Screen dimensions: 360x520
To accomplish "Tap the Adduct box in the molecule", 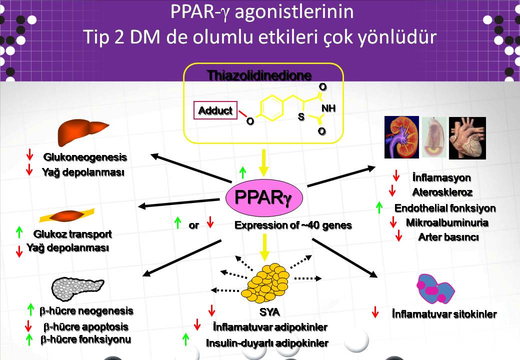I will (215, 111).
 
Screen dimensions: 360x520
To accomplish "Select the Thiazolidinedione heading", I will (259, 75).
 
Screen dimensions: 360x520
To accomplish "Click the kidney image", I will (400, 137).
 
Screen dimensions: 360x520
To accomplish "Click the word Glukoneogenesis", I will (85, 157).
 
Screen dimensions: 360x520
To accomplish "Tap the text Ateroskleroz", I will (442, 192).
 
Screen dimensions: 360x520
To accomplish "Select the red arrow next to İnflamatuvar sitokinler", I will (375, 312).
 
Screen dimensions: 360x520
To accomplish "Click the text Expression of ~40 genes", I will (293, 225).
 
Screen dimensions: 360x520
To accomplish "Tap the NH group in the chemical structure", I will (328, 108).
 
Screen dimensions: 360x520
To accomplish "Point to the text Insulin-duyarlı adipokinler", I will (267, 343).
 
